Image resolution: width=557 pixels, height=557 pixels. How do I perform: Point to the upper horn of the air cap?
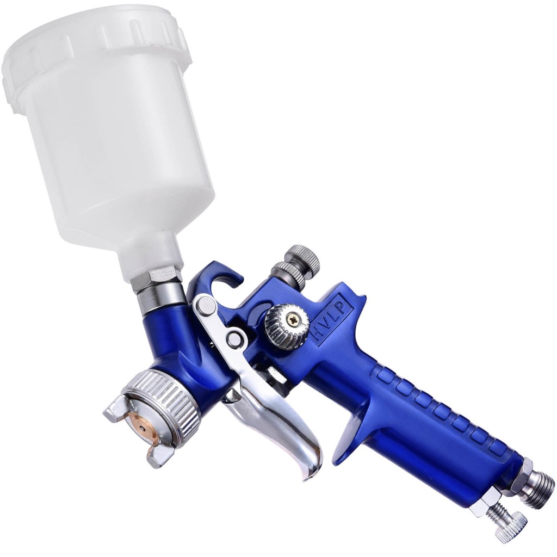click(x=117, y=409)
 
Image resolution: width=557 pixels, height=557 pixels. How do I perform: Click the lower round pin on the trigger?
click(x=235, y=338)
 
